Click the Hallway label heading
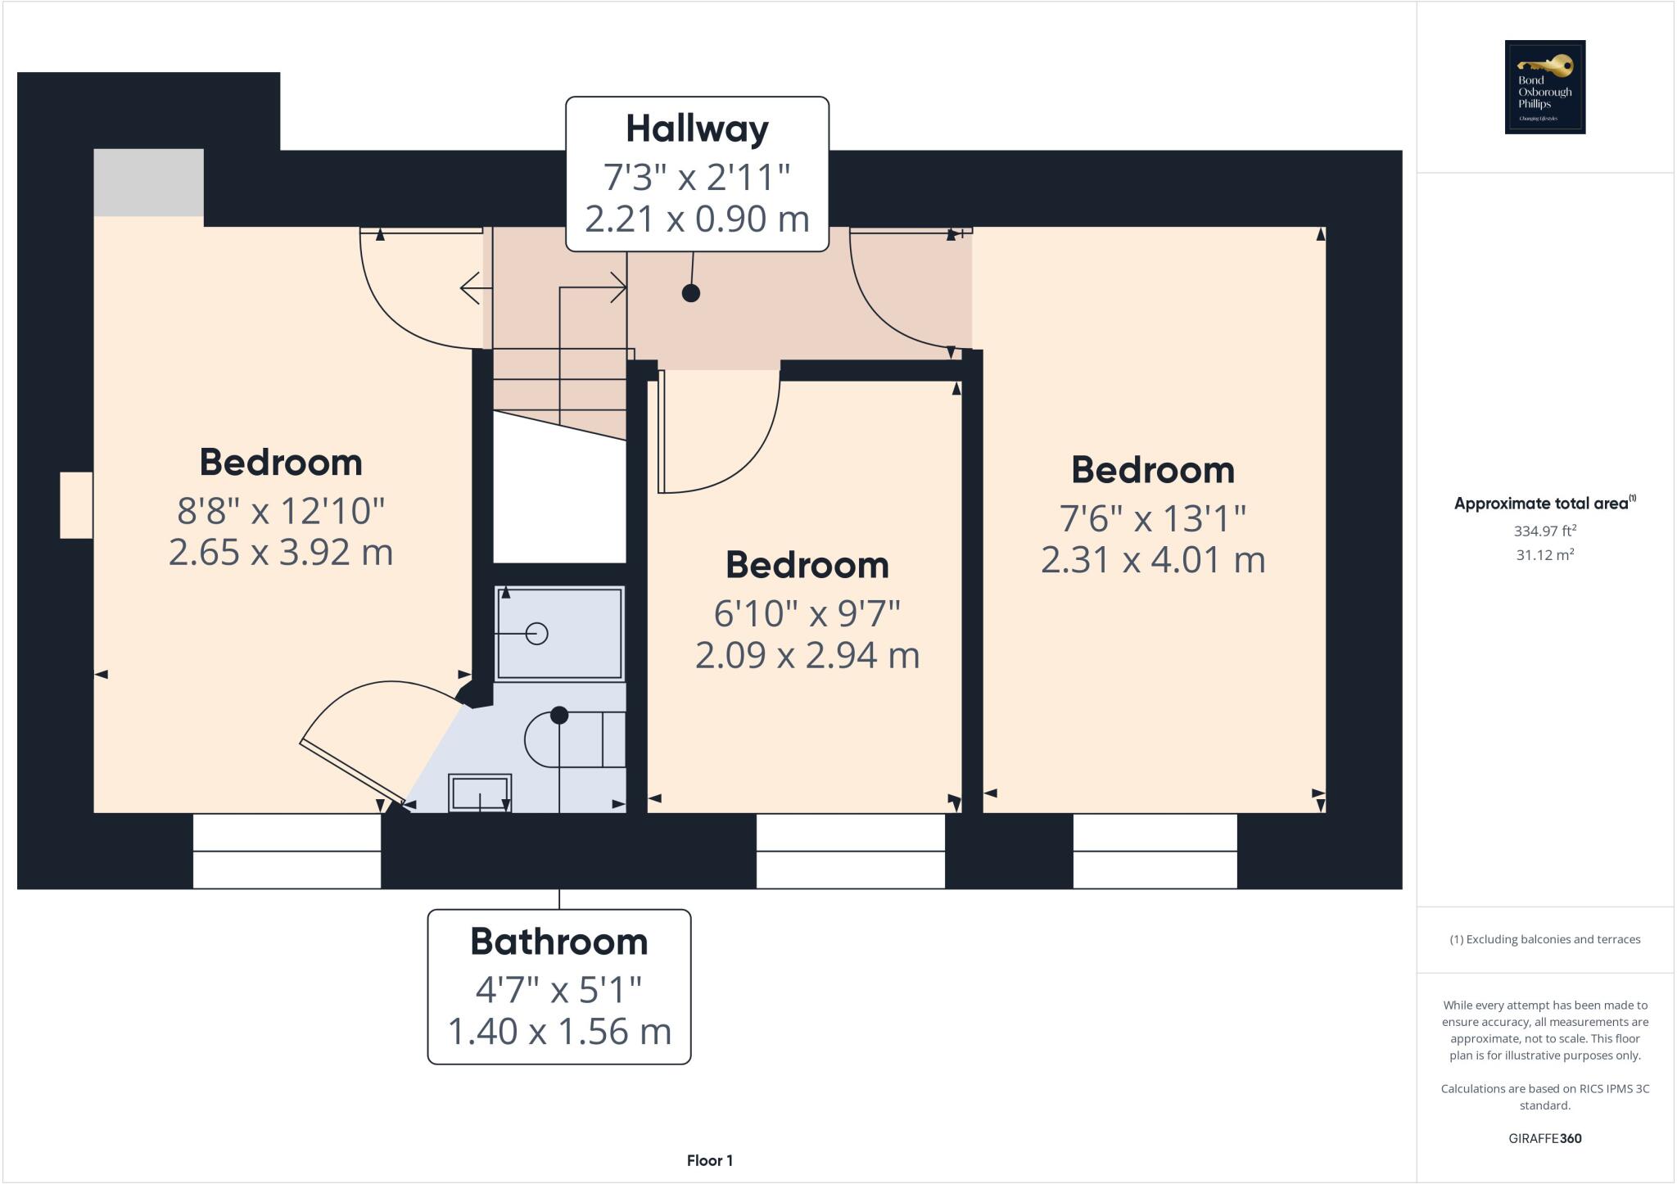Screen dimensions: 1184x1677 697,129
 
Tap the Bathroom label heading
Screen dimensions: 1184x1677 558,942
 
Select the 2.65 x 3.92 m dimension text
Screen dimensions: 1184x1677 281,552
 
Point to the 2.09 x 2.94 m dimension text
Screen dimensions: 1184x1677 807,655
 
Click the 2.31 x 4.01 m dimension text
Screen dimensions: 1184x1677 1153,560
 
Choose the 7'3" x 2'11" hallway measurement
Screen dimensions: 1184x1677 697,177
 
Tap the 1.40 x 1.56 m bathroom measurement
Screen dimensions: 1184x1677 558,1031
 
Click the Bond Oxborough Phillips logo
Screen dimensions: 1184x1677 1544,87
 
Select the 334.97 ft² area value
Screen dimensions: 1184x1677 1544,531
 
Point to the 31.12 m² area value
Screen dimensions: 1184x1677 1544,554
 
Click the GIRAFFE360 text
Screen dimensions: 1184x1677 1544,1138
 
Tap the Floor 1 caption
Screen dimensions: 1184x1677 709,1160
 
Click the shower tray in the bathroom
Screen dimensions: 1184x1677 559,633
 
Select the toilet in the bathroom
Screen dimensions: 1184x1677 573,739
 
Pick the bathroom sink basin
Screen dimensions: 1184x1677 480,793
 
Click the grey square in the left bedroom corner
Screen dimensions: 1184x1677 148,182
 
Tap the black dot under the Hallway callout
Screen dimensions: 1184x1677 691,293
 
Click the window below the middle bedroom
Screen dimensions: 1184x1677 850,851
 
